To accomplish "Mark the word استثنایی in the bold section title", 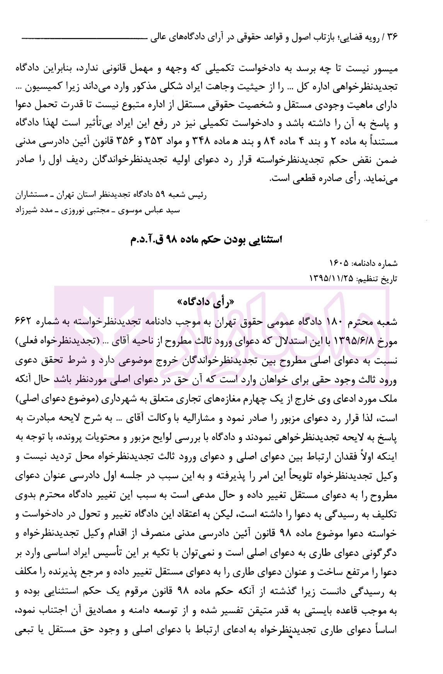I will click(259, 239).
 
